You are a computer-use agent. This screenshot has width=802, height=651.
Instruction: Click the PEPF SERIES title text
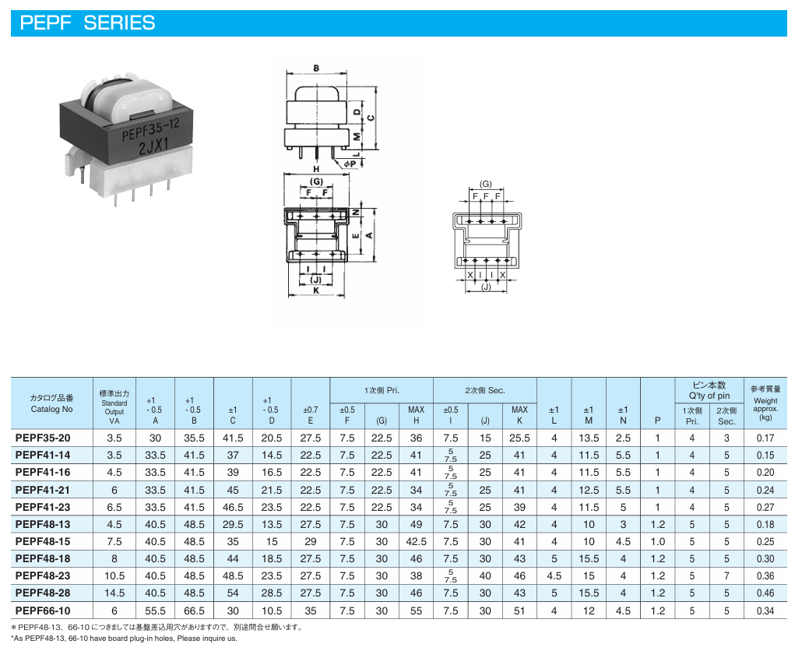click(87, 23)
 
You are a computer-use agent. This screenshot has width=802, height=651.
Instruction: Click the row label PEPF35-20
click(43, 438)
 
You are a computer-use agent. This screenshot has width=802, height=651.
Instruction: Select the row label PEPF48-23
click(43, 575)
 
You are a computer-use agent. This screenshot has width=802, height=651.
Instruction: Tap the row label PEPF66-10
click(43, 611)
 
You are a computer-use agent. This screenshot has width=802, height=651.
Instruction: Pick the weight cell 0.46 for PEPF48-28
click(765, 593)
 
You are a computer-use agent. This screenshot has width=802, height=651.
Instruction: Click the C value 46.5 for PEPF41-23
click(233, 507)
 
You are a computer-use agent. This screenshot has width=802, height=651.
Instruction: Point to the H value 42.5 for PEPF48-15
click(416, 541)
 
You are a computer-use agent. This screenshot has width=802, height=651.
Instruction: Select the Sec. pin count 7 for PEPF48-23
click(726, 575)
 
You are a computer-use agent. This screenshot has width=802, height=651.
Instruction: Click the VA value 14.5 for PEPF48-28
click(114, 593)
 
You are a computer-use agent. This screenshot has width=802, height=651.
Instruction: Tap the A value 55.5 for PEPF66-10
click(155, 611)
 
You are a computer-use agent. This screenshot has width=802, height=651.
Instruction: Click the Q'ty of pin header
click(709, 396)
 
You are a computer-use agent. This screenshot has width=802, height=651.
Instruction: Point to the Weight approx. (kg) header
click(765, 409)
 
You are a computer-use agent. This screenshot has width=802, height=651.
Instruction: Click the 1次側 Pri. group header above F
click(382, 390)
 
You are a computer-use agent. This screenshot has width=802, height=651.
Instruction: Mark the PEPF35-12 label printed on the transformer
click(150, 130)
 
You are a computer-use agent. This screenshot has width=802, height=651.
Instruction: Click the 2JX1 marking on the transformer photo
click(153, 146)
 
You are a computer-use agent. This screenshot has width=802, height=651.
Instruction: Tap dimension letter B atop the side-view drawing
click(316, 68)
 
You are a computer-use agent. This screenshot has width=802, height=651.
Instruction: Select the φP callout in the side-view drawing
click(350, 164)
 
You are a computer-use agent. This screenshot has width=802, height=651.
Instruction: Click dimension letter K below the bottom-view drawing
click(316, 290)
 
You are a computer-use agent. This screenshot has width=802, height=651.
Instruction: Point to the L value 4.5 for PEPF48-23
click(554, 575)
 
